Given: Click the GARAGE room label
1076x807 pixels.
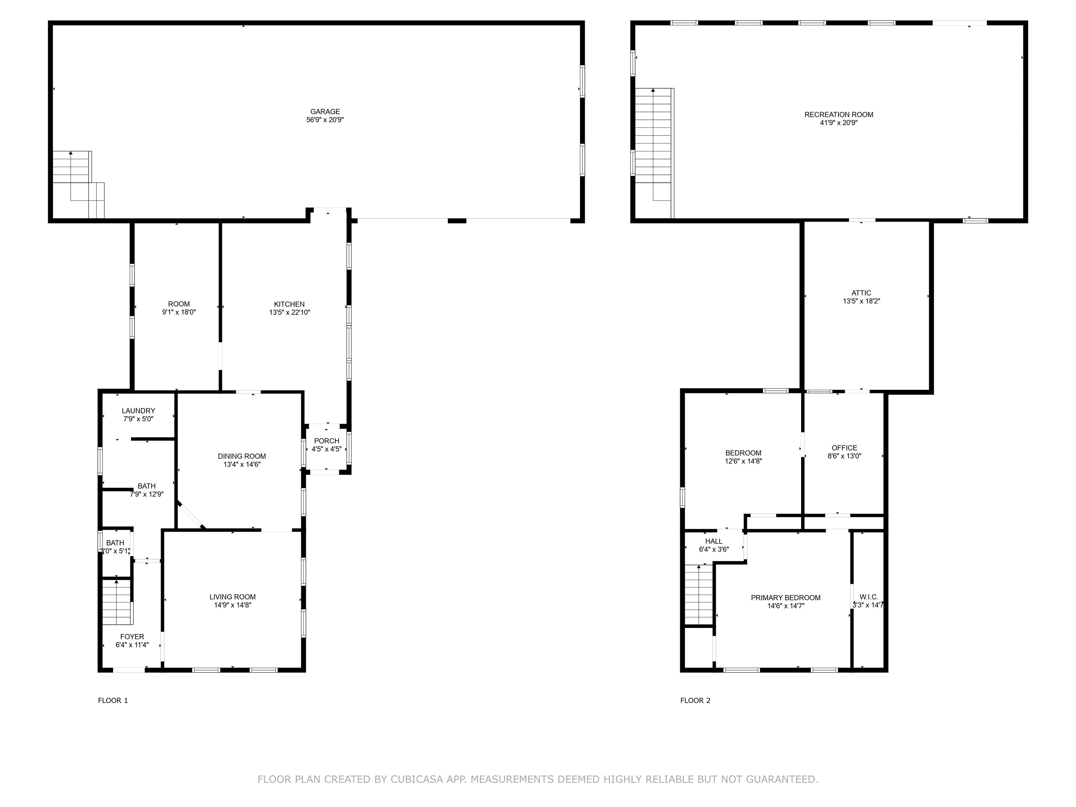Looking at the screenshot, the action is tap(325, 112).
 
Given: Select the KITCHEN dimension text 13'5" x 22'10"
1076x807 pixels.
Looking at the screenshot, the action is tap(289, 313).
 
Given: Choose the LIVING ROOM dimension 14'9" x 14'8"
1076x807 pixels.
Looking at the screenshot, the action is tap(233, 605).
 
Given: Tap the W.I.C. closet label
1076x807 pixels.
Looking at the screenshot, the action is tap(869, 597).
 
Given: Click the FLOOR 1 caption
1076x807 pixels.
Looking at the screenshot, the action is tap(113, 701).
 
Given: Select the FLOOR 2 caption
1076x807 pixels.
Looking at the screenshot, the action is tap(695, 701).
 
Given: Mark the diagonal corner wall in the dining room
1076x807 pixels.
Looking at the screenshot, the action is tap(192, 515).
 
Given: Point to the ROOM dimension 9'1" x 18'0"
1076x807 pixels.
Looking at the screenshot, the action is tap(179, 312).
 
